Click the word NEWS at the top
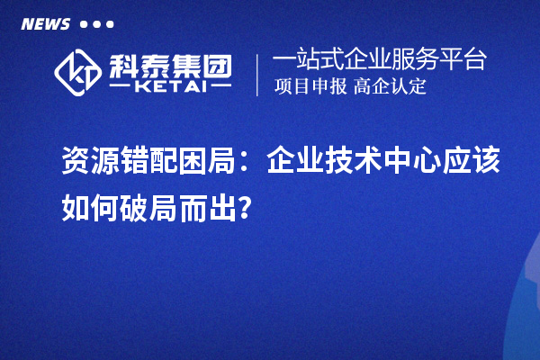point(45,23)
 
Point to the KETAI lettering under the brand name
point(169,86)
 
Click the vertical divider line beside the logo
point(258,74)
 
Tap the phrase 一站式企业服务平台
point(379,60)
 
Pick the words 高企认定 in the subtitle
point(390,87)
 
